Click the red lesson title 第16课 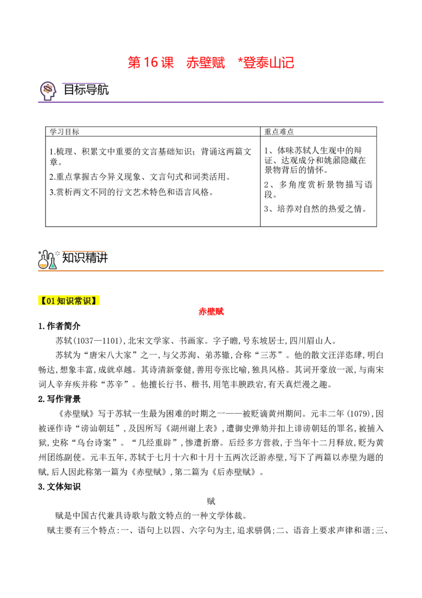point(150,62)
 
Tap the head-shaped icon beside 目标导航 point(48,91)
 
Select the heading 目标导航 point(86,90)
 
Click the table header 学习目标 point(64,132)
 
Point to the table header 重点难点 point(279,132)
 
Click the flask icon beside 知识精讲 point(47,259)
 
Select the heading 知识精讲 point(85,258)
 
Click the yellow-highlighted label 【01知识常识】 point(68,301)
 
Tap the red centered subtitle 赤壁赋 point(211,312)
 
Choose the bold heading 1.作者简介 point(60,326)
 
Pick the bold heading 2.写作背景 point(60,399)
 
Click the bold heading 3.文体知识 point(60,487)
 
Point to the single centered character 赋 point(211,501)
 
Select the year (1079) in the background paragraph point(361,414)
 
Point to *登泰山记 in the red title point(266,62)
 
